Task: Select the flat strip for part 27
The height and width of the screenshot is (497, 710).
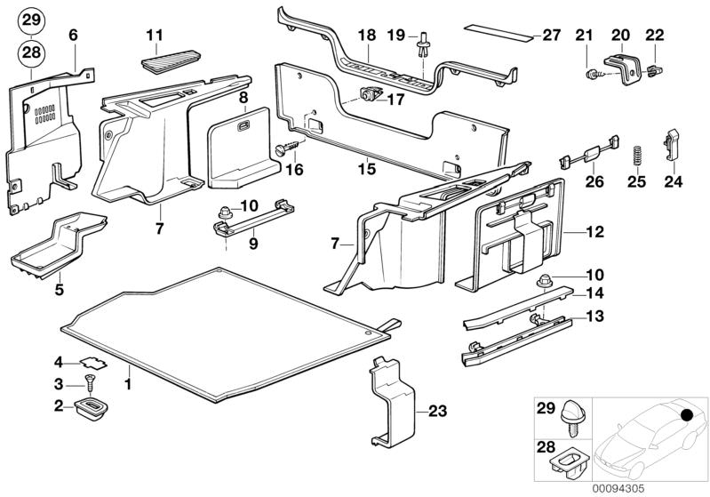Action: click(x=498, y=36)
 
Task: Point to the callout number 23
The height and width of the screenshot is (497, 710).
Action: click(x=436, y=411)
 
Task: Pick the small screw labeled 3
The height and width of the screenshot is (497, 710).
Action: click(x=89, y=382)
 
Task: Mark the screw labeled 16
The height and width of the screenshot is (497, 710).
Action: click(x=290, y=148)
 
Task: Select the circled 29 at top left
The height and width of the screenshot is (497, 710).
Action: click(x=31, y=20)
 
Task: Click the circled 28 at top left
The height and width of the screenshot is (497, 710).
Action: click(x=31, y=53)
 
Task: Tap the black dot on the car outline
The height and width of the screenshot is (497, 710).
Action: click(x=685, y=413)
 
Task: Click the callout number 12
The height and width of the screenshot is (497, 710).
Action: click(x=594, y=232)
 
